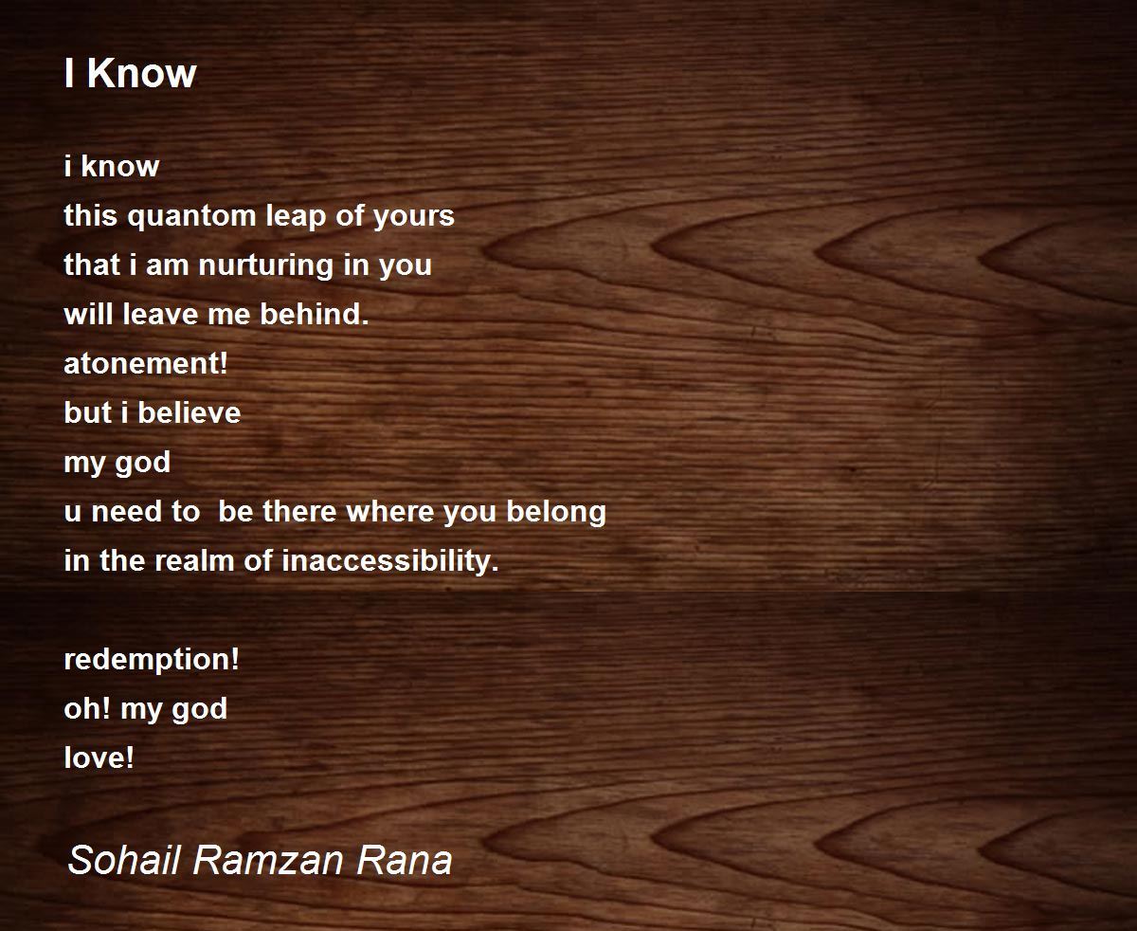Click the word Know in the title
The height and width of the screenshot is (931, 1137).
[x=142, y=73]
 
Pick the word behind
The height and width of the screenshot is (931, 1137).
[x=315, y=314]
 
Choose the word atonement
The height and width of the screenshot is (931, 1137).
[x=146, y=363]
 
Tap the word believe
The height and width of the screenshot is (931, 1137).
[x=189, y=412]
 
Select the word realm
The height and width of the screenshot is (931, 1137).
[x=194, y=560]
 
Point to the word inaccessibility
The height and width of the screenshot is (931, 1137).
[x=390, y=561]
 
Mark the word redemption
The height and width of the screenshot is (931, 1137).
[x=152, y=660]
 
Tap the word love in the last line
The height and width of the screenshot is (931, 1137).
[x=99, y=758]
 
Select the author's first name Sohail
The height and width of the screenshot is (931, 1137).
[x=123, y=860]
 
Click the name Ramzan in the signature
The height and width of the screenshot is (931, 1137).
[x=268, y=860]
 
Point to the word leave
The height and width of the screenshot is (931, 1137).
[x=160, y=314]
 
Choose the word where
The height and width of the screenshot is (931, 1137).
[x=389, y=511]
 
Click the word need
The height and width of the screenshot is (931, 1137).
[x=126, y=511]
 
